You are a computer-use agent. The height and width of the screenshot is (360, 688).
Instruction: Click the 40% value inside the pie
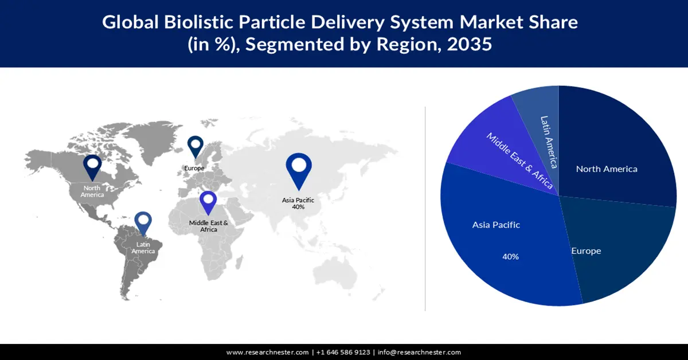[x=510, y=257]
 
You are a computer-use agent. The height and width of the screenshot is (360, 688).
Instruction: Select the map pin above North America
[x=92, y=167]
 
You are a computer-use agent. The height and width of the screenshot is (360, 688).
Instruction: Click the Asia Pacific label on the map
[x=298, y=199]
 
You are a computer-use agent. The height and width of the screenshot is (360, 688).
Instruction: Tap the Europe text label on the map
[x=194, y=168]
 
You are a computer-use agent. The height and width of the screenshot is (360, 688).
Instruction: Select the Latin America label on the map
[x=143, y=248]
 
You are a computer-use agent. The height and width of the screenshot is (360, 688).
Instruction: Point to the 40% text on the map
[x=298, y=207]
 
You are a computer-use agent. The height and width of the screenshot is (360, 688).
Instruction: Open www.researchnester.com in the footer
[x=267, y=352]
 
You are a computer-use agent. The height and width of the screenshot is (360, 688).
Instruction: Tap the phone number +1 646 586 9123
[x=343, y=352]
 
